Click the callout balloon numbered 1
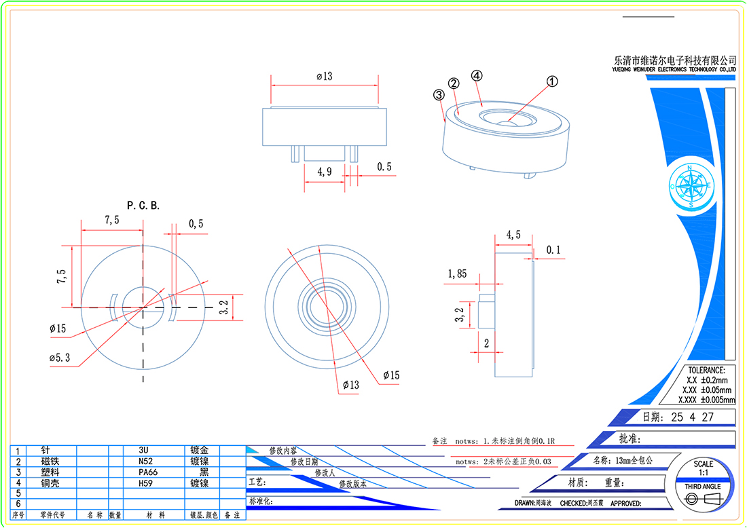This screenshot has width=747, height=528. pyautogui.click(x=552, y=81)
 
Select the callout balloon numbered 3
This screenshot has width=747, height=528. pyautogui.click(x=438, y=96)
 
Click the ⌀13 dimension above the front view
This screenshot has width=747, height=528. pyautogui.click(x=325, y=77)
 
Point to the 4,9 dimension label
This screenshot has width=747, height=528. pyautogui.click(x=325, y=172)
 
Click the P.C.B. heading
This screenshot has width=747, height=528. pyautogui.click(x=143, y=205)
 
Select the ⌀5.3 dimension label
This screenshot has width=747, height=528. pyautogui.click(x=60, y=358)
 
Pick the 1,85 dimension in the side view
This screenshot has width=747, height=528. pyautogui.click(x=457, y=274)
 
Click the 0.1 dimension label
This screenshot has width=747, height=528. pyautogui.click(x=553, y=250)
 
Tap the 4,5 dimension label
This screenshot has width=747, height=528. pyautogui.click(x=514, y=235)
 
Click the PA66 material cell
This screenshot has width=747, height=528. pyautogui.click(x=148, y=472)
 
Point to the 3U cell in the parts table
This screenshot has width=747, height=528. pyautogui.click(x=144, y=450)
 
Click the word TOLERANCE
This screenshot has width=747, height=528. pyautogui.click(x=706, y=371)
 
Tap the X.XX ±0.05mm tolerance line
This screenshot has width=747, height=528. pyautogui.click(x=706, y=390)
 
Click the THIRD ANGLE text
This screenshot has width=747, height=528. pyautogui.click(x=702, y=487)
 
